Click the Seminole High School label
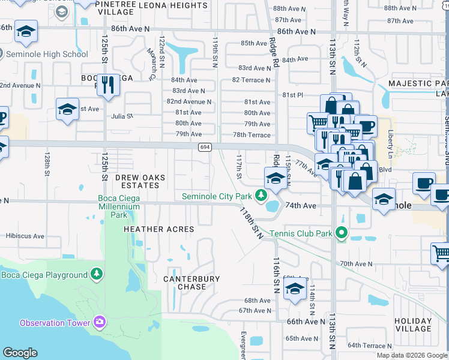point(47,54)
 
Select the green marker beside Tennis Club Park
point(342,233)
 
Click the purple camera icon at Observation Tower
point(99,323)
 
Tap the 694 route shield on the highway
point(205,147)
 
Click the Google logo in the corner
point(20,353)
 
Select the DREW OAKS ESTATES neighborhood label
point(137,181)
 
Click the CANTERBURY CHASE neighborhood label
point(191,283)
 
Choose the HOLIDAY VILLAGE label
point(413,325)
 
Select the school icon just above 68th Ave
point(294,290)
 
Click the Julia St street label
point(122,116)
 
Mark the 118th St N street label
point(252,223)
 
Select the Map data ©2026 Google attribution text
point(412,355)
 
